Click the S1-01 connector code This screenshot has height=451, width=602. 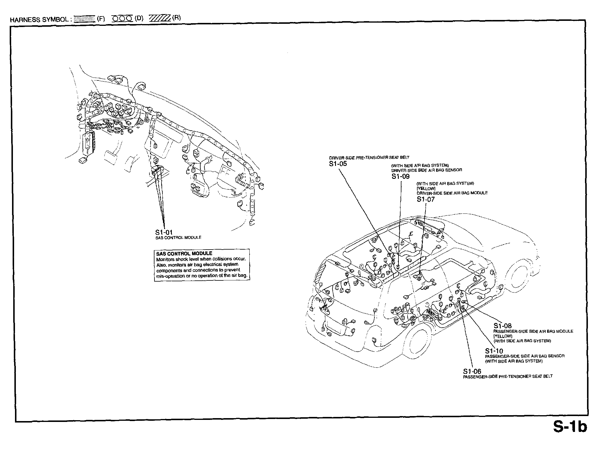pyautogui.click(x=164, y=233)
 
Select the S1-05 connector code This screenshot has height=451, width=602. pyautogui.click(x=338, y=164)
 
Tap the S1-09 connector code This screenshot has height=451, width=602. pyautogui.click(x=400, y=176)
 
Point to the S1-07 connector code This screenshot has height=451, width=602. pyautogui.click(x=426, y=199)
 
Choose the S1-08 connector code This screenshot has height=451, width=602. pyautogui.click(x=502, y=326)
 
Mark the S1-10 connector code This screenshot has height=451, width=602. pyautogui.click(x=494, y=351)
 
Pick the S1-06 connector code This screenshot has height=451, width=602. pyautogui.click(x=472, y=371)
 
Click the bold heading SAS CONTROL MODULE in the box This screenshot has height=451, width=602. pyautogui.click(x=184, y=253)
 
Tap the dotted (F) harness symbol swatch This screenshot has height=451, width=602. pyautogui.click(x=84, y=19)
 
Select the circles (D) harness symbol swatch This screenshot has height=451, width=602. pyautogui.click(x=122, y=18)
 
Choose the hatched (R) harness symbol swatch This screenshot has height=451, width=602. pyautogui.click(x=160, y=18)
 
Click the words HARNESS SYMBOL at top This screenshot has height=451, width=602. pyautogui.click(x=39, y=20)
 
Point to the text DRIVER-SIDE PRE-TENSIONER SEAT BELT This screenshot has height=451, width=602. pyautogui.click(x=369, y=158)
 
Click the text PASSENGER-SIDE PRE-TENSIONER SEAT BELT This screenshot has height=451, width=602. pyautogui.click(x=508, y=376)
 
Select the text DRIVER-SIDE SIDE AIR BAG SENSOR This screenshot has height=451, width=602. pyautogui.click(x=426, y=170)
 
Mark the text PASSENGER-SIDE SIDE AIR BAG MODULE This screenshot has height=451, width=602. pyautogui.click(x=533, y=331)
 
